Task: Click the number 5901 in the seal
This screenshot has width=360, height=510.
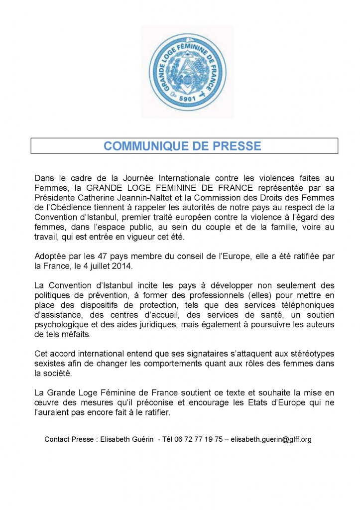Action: pyautogui.click(x=187, y=99)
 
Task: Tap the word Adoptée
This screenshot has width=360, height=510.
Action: pyautogui.click(x=53, y=256)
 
